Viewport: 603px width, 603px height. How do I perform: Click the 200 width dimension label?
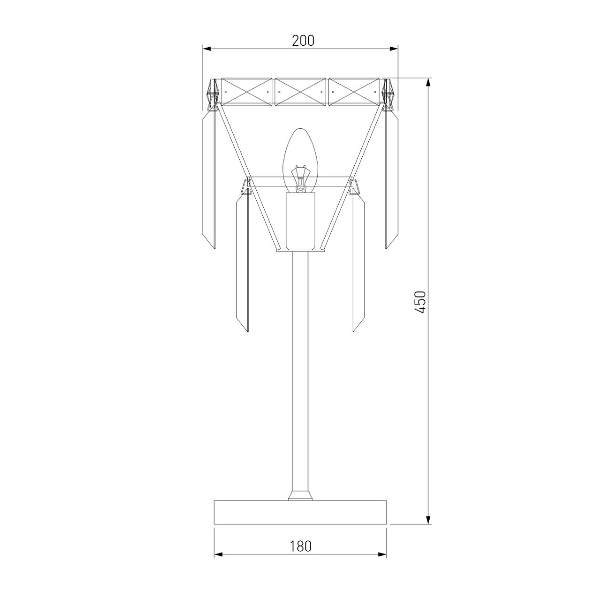click(303, 41)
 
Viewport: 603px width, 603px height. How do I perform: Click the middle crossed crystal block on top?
click(300, 92)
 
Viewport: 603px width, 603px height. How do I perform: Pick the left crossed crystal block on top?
click(246, 92)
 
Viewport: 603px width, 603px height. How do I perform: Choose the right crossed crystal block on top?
click(354, 92)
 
